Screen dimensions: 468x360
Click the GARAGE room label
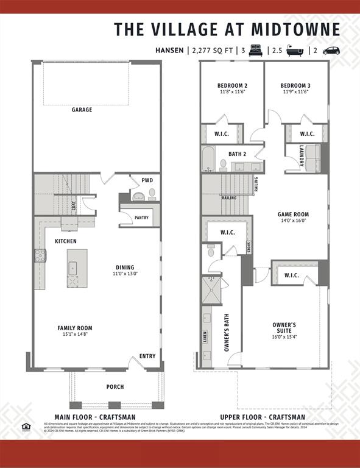click(82, 110)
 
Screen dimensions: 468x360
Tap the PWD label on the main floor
click(147, 180)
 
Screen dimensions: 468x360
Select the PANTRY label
click(141, 218)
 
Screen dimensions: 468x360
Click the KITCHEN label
click(66, 241)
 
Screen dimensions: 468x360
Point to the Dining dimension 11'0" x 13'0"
click(125, 274)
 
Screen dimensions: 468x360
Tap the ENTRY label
click(147, 356)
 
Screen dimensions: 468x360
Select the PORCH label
click(115, 387)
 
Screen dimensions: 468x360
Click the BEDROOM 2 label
click(232, 85)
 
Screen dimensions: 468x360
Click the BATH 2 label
click(237, 154)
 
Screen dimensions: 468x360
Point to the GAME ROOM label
click(293, 214)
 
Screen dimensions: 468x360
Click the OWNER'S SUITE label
click(284, 328)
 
